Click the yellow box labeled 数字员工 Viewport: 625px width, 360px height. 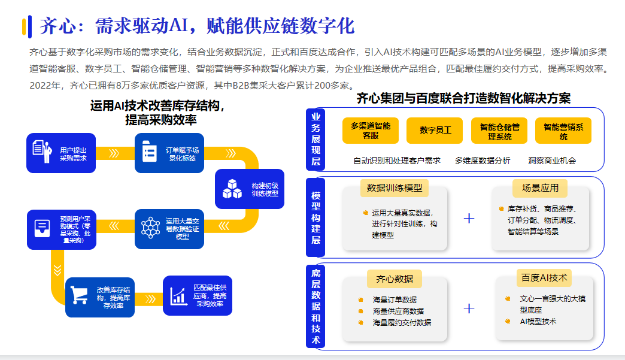pyautogui.click(x=435, y=130)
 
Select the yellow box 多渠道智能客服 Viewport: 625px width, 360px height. pyautogui.click(x=371, y=131)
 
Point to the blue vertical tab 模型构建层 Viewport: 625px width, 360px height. pyautogui.click(x=315, y=218)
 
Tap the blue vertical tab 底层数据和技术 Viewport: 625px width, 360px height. pyautogui.click(x=315, y=306)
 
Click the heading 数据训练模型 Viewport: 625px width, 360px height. pyautogui.click(x=395, y=187)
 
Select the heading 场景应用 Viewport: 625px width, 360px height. pyautogui.click(x=540, y=187)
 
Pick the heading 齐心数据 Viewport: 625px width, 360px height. pyautogui.click(x=394, y=279)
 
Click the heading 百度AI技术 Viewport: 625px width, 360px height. pyautogui.click(x=544, y=277)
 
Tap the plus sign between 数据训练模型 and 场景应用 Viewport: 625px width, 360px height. pyautogui.click(x=469, y=218)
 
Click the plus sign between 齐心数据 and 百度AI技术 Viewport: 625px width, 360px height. pyautogui.click(x=469, y=308)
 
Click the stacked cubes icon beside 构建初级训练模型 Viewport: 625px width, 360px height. pyautogui.click(x=232, y=189)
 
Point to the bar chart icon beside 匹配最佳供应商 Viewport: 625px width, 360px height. pyautogui.click(x=179, y=295)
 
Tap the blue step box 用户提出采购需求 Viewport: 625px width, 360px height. pyautogui.click(x=61, y=153)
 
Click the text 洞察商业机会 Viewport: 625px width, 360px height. pyautogui.click(x=552, y=161)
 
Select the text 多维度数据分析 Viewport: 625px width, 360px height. pyautogui.click(x=483, y=161)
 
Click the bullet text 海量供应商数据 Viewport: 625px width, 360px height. pyautogui.click(x=398, y=311)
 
